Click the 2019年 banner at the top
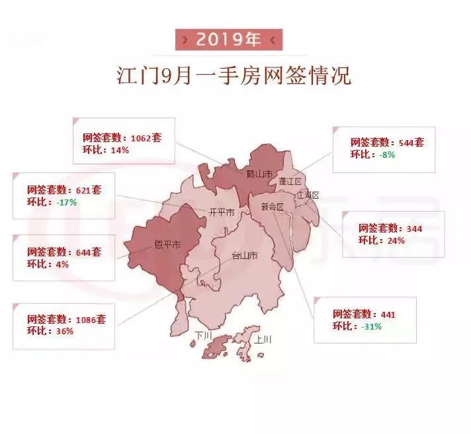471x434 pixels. pyautogui.click(x=228, y=40)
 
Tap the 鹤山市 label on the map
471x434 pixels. pyautogui.click(x=259, y=174)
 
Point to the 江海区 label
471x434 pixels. pyautogui.click(x=308, y=196)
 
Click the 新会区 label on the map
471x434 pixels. pyautogui.click(x=272, y=207)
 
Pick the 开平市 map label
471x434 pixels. pyautogui.click(x=221, y=213)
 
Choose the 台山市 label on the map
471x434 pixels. pyautogui.click(x=243, y=256)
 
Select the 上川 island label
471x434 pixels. pyautogui.click(x=263, y=341)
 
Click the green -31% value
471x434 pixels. pyautogui.click(x=372, y=326)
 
